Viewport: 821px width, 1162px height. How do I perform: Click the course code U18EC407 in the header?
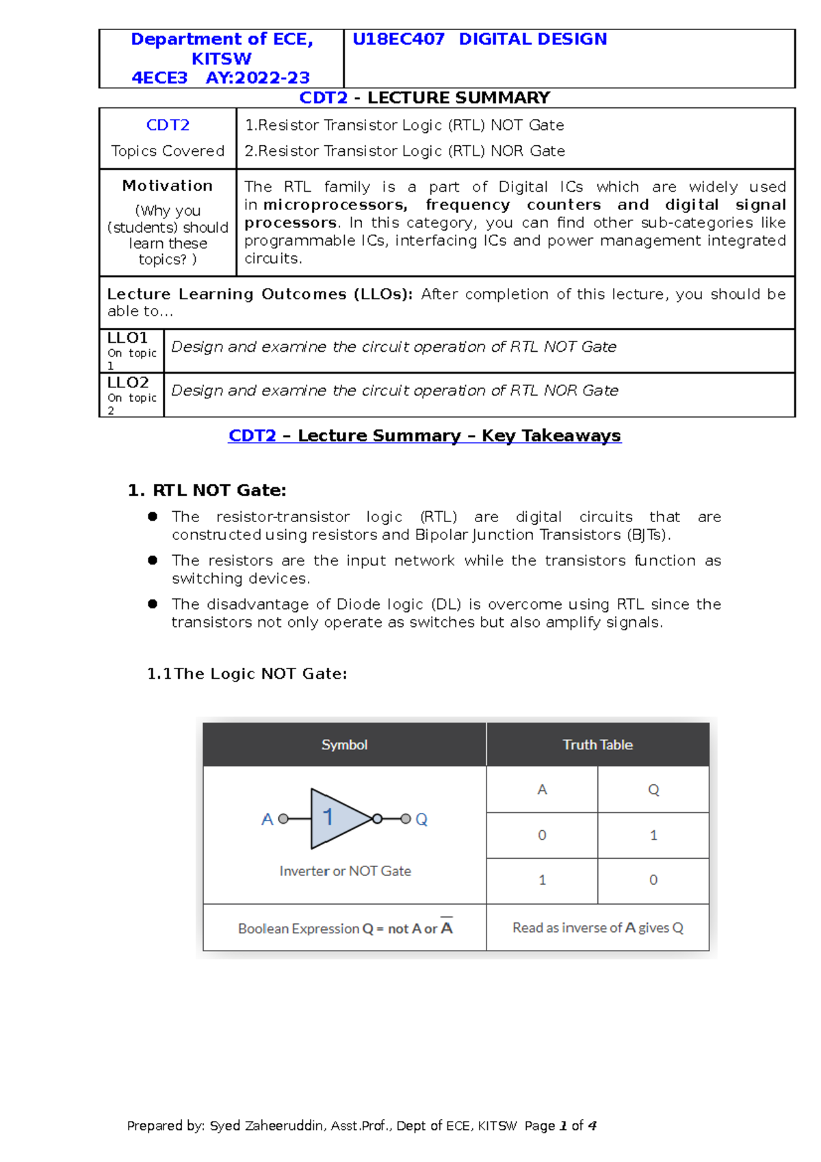pos(398,40)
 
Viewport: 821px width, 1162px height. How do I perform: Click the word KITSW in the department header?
pos(221,59)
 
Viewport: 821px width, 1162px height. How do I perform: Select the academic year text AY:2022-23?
pos(257,78)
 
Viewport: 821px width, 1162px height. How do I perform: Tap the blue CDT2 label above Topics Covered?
pos(168,125)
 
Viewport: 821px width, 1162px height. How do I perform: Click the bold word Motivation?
pos(168,185)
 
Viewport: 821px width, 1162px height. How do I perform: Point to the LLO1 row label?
pos(128,338)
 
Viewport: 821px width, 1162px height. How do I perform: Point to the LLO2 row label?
pos(128,383)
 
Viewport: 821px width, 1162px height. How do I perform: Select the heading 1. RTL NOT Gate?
pos(207,490)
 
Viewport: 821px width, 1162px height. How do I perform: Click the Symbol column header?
pos(344,745)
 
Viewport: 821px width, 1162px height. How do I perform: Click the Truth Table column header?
pos(597,745)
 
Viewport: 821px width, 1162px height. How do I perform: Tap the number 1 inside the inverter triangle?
pos(328,816)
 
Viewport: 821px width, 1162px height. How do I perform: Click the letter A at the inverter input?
pos(268,819)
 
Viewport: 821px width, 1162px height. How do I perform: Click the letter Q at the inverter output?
pos(421,819)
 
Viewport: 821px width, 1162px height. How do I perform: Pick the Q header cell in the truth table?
pos(653,790)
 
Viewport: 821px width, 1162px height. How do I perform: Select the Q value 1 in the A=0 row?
pos(653,835)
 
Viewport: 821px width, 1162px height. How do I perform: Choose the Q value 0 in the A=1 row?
pos(653,880)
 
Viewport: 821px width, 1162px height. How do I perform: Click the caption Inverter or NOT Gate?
pos(345,871)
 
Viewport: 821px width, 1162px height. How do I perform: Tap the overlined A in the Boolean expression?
pos(447,928)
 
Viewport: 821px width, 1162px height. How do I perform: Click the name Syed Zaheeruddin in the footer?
pos(267,1126)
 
